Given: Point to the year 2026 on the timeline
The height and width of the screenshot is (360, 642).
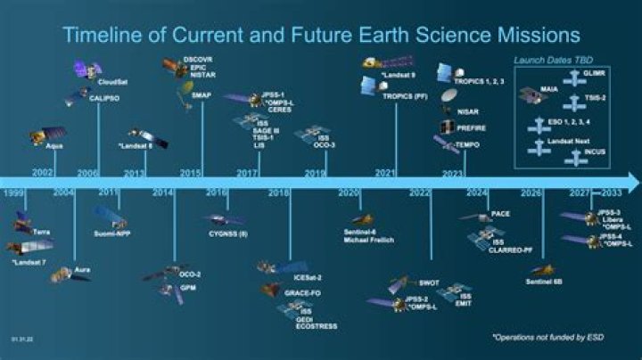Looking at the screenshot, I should (x=531, y=192).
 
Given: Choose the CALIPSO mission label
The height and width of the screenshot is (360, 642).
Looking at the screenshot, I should (x=105, y=101).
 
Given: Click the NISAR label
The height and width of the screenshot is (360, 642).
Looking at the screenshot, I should (x=469, y=111).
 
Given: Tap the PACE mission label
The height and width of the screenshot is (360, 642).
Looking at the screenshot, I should (x=501, y=215).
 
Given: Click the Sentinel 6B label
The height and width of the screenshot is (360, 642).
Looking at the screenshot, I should (x=542, y=282).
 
